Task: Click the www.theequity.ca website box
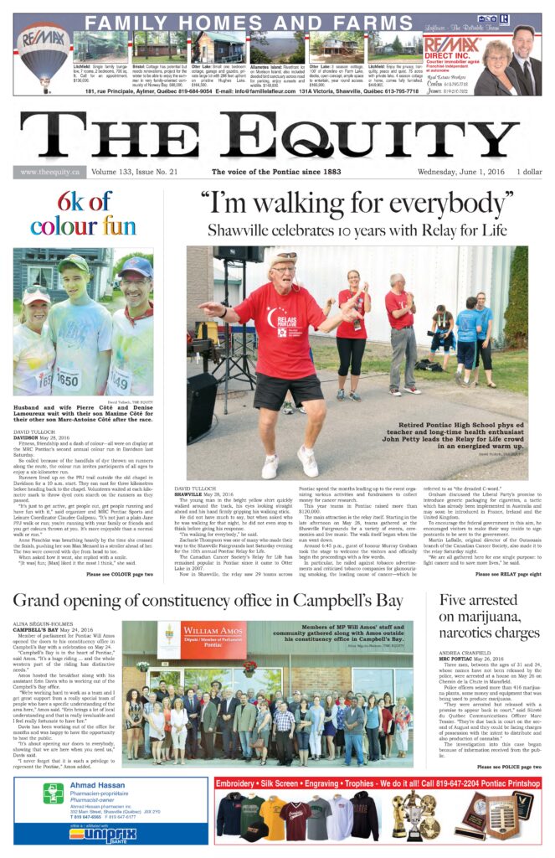[x=50, y=173]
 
